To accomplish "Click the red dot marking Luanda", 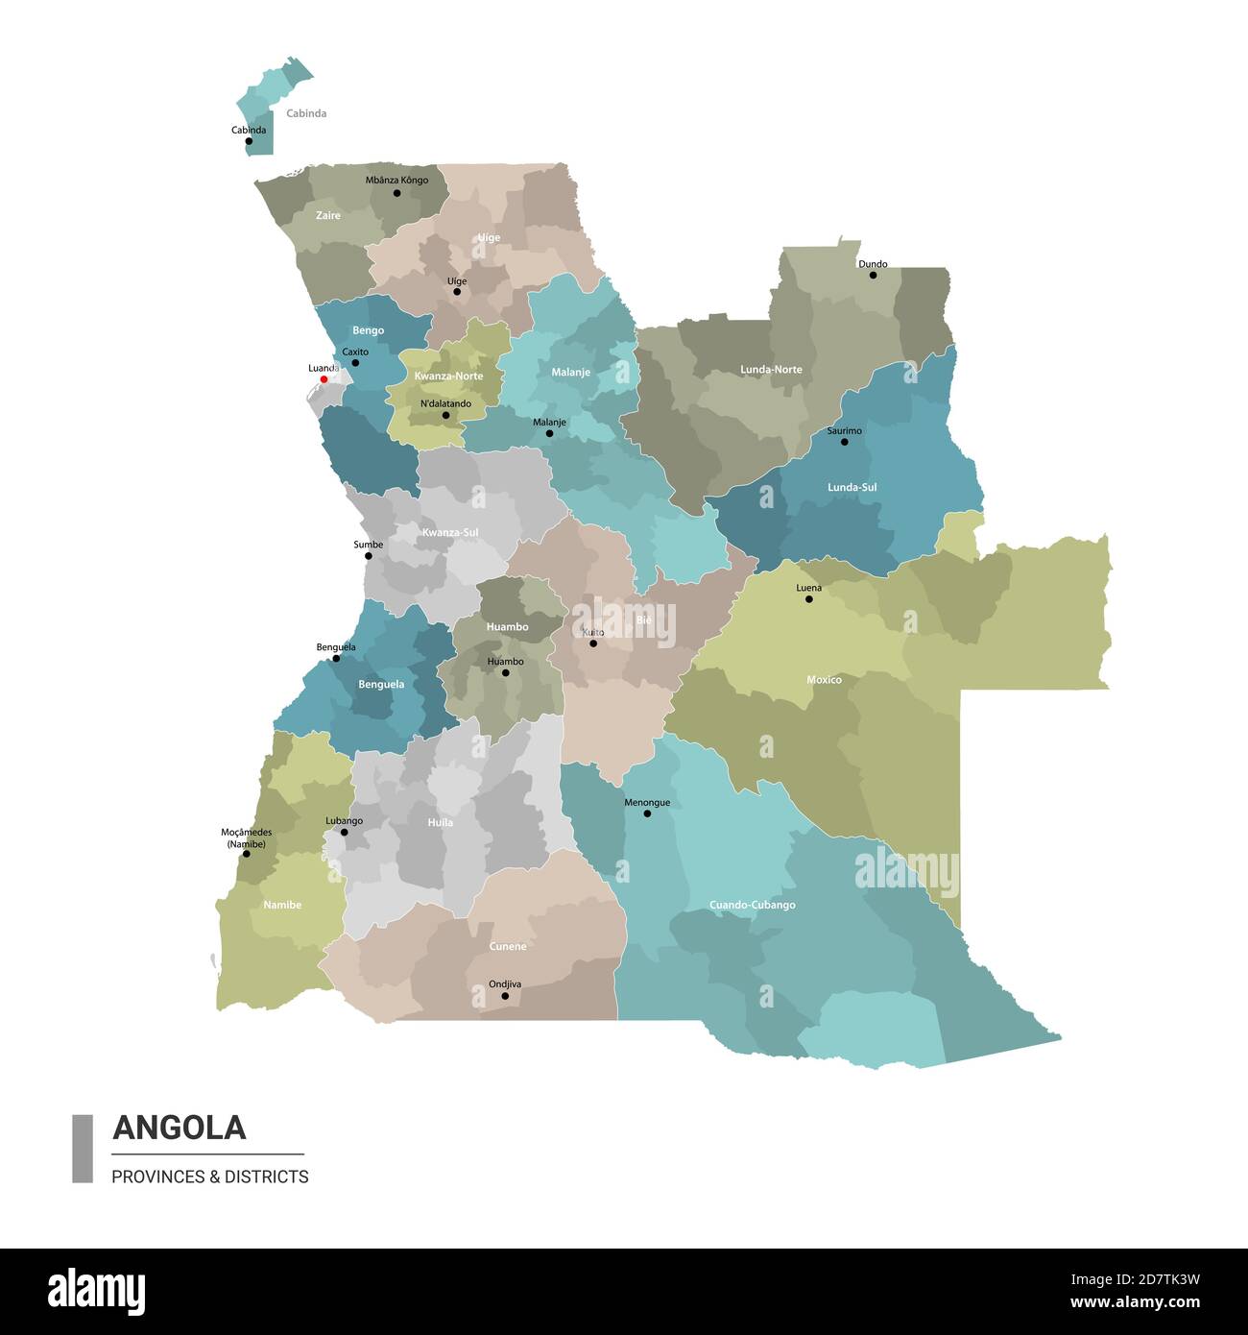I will [x=324, y=379].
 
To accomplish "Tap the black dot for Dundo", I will [x=873, y=276].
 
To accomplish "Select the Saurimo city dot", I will [x=845, y=442].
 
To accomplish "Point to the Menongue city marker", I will [x=647, y=813].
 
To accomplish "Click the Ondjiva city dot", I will [x=505, y=996].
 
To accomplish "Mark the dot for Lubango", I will [x=345, y=833].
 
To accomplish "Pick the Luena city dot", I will [x=808, y=599].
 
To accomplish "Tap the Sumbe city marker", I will [x=369, y=556].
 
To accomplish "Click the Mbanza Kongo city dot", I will [x=396, y=193].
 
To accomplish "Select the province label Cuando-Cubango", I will [x=752, y=905].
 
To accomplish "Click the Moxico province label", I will [x=824, y=680].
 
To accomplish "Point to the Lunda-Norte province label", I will [x=771, y=369].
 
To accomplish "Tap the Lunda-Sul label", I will [x=852, y=487].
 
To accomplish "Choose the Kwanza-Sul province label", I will [x=449, y=532].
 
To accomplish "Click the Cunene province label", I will [x=507, y=946].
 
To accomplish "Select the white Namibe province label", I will [x=282, y=905].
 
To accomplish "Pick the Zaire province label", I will [x=328, y=216].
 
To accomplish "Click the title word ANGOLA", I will [x=180, y=1127].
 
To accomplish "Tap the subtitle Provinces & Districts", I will [x=210, y=1177].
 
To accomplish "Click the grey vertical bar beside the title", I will [x=83, y=1149].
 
